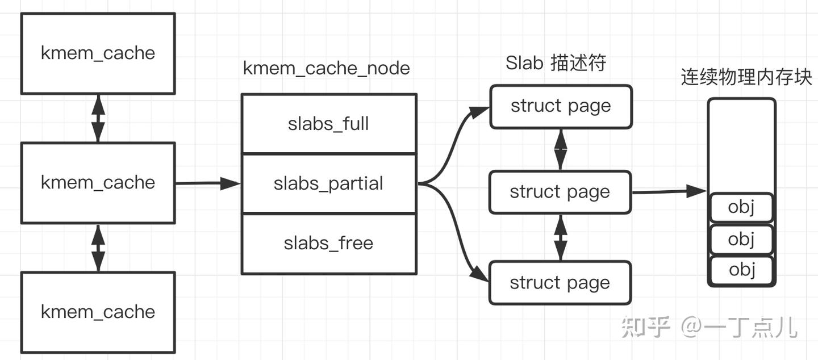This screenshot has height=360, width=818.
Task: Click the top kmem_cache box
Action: [x=98, y=53]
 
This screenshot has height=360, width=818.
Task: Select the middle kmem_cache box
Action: [x=98, y=182]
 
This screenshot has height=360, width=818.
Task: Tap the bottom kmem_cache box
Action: [x=98, y=312]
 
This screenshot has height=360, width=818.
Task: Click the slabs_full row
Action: [x=329, y=124]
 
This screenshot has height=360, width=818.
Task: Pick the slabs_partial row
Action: [x=329, y=183]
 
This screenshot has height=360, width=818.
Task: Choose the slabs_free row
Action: [x=329, y=244]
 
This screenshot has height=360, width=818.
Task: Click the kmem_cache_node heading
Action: [x=327, y=68]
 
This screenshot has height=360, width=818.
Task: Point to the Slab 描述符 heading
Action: [x=556, y=63]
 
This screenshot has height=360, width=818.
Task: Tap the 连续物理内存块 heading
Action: [x=746, y=77]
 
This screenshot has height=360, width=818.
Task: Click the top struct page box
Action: [x=561, y=106]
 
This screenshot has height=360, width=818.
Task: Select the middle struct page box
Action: [x=560, y=192]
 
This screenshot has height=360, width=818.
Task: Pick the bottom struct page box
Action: [x=560, y=282]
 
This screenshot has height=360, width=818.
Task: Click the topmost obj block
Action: [x=741, y=208]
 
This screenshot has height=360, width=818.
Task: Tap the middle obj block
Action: [x=741, y=239]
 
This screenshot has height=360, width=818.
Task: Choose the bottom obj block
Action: [x=741, y=270]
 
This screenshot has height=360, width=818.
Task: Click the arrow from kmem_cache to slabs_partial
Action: [x=207, y=183]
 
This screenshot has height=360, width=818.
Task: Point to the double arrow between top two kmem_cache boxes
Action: [x=98, y=118]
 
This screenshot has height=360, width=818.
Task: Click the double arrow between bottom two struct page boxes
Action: [x=561, y=237]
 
